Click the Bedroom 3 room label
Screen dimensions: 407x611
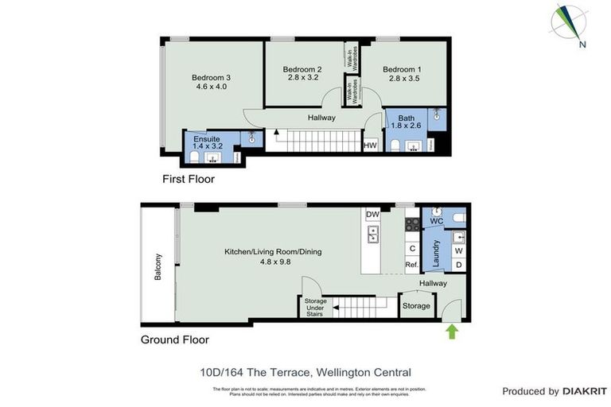pos(211,77)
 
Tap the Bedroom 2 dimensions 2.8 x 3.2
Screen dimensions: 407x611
pos(302,78)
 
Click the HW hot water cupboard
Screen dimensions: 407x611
pos(369,145)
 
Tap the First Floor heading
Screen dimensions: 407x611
pos(188,180)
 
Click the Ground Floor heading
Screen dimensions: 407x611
pos(174,339)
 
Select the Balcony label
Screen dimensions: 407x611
pos(158,268)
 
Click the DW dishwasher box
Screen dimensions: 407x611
pos(372,215)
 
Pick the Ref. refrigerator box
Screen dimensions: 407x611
pos(412,265)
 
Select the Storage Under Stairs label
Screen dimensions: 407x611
pos(316,306)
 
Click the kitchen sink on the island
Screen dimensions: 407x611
pos(372,235)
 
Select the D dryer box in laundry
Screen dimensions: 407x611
pos(457,265)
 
